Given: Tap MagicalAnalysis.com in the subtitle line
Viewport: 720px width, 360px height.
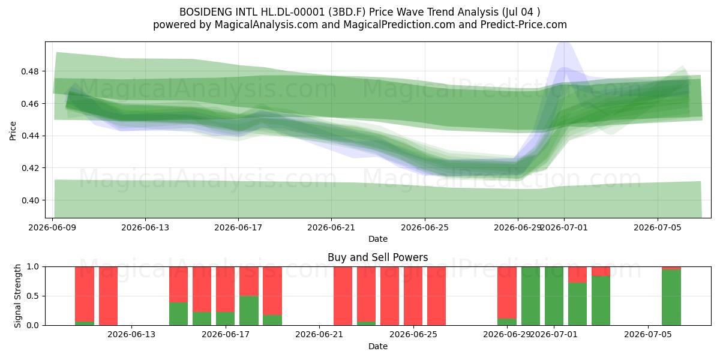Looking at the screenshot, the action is (x=266, y=25).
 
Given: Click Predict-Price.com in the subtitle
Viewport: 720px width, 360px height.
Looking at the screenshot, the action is (x=524, y=25).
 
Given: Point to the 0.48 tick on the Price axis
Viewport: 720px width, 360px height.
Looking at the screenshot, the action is (x=29, y=71).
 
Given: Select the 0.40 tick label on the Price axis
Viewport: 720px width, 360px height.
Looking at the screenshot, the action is (x=29, y=200).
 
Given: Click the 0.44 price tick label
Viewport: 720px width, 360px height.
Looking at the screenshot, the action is (x=29, y=136).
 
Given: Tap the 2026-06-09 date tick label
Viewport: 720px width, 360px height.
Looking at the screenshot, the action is (x=52, y=227).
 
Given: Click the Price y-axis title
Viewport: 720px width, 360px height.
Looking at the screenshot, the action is (x=13, y=131).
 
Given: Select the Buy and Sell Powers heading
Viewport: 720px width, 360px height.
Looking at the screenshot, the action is (x=377, y=257).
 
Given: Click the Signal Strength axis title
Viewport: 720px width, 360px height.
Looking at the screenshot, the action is (x=17, y=296).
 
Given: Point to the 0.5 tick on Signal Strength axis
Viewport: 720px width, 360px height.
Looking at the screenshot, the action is (x=33, y=296).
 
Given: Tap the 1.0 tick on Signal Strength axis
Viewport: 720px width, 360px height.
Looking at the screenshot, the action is (x=33, y=267).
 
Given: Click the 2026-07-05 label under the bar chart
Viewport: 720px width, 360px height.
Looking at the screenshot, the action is (x=647, y=335).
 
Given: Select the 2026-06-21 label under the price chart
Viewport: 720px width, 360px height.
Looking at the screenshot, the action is (x=331, y=227).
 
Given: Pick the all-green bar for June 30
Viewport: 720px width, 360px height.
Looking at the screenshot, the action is (x=530, y=296).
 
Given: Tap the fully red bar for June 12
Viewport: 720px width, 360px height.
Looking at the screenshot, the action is (x=108, y=296).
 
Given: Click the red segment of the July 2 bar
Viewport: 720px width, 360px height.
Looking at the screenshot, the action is (x=578, y=275).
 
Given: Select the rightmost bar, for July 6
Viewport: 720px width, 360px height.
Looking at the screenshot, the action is (x=671, y=296).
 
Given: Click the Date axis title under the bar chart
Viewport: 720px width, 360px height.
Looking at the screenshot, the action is (x=377, y=346).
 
